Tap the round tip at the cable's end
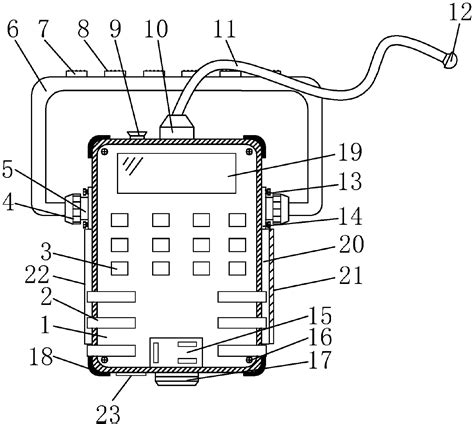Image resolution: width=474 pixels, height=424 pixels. point(450,59)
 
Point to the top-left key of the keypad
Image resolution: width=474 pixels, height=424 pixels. point(120,219)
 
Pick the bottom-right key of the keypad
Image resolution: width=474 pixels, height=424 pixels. point(236,268)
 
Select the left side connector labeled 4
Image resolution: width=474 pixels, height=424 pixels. point(73,207)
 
